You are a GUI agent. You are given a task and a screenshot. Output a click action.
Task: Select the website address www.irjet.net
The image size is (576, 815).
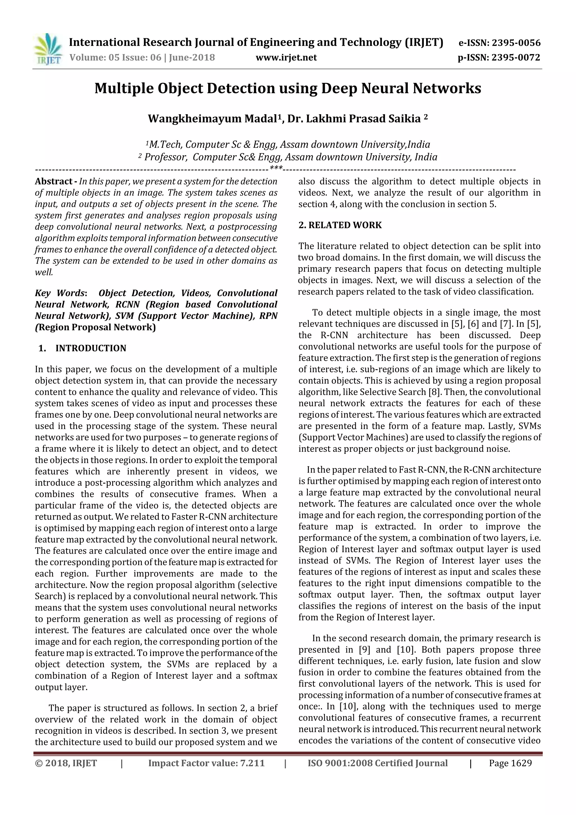[x=286, y=57]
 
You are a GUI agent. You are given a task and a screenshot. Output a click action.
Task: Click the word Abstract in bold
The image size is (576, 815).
[x=54, y=181]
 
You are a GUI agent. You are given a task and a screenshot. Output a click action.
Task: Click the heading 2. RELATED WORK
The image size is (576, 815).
[x=340, y=225]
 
